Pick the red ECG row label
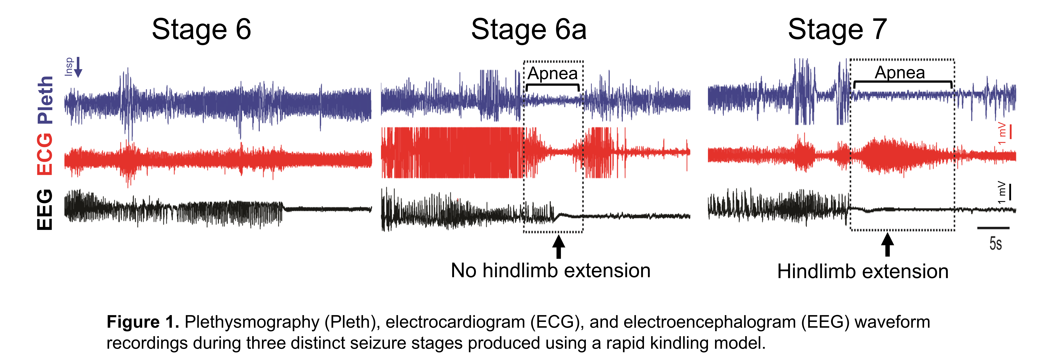click(x=45, y=154)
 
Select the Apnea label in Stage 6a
click(x=553, y=74)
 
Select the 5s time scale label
click(x=996, y=244)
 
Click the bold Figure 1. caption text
click(x=143, y=322)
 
